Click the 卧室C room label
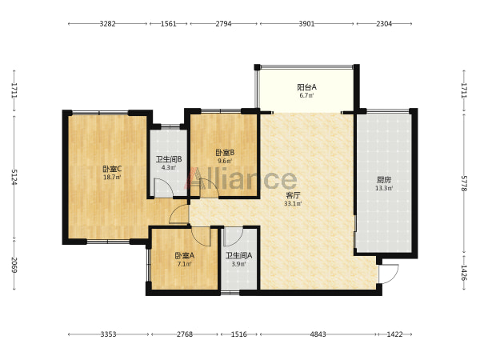click(x=112, y=169)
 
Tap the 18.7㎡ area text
click(x=112, y=177)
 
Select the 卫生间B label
click(x=169, y=159)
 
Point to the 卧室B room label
click(x=225, y=152)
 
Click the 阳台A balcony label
click(x=306, y=87)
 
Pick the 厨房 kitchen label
click(x=384, y=180)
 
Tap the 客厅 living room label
click(x=293, y=195)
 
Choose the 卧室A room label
click(x=185, y=255)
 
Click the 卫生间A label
click(x=239, y=255)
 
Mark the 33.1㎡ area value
click(x=293, y=203)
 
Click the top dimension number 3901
click(x=306, y=23)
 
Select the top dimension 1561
click(x=169, y=23)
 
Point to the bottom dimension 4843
click(x=318, y=334)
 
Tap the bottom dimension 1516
click(x=239, y=334)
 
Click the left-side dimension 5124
click(x=14, y=177)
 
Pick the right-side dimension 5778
click(x=465, y=183)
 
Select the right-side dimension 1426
click(x=465, y=273)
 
